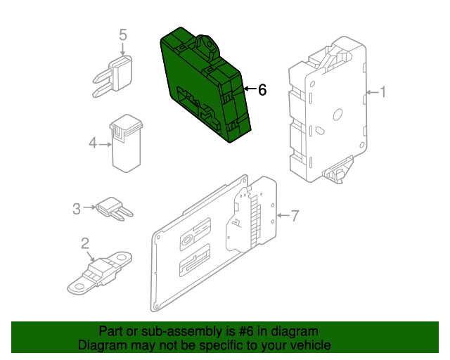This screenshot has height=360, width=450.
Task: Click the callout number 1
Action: pos(383,91)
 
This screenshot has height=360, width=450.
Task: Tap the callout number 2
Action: pos(85,244)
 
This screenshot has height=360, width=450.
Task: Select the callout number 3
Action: pos(77,207)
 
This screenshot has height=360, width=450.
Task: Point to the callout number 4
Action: pos(93,144)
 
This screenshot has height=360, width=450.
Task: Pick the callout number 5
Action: pos(122,34)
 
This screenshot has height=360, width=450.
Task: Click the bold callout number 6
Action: pos(262,89)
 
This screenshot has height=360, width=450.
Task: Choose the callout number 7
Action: pos(294,215)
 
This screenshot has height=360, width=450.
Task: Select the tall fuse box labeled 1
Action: pos(327,112)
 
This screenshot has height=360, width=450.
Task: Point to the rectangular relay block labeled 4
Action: pos(125,143)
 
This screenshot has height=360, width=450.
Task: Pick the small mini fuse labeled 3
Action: pos(115,208)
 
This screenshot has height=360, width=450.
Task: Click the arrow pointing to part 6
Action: pos(247,89)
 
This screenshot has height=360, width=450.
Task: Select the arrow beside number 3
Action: pos(90,207)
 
